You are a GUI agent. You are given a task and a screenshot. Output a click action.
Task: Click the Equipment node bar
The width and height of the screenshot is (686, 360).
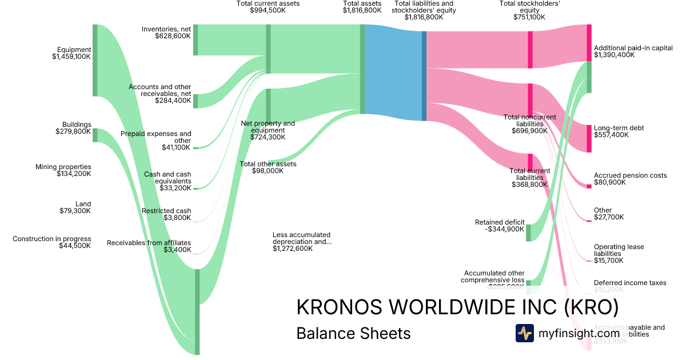point(95,60)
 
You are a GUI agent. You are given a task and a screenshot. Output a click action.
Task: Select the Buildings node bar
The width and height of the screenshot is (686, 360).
point(95,135)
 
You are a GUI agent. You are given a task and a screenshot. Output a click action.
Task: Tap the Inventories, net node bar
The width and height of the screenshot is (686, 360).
point(196,40)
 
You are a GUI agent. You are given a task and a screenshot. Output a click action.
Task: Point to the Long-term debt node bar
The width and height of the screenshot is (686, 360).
point(589,138)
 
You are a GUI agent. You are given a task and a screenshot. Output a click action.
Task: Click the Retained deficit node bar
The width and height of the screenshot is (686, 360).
point(528,233)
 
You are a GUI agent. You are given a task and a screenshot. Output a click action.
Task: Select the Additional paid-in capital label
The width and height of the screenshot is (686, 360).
point(633,48)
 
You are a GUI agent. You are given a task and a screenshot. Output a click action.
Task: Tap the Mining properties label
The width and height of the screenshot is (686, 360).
point(63,167)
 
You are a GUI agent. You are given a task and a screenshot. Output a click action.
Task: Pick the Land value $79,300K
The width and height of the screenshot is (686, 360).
point(75,211)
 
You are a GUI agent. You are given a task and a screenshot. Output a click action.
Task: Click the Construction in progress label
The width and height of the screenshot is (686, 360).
point(51,239)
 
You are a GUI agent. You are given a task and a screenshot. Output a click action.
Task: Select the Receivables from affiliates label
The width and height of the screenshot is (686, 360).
point(149,243)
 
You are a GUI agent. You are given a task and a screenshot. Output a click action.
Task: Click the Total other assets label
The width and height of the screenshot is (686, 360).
point(268,164)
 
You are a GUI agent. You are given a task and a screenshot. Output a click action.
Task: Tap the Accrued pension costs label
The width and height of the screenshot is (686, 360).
point(630,175)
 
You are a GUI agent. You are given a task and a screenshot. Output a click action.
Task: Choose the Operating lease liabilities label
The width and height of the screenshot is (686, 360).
point(619,250)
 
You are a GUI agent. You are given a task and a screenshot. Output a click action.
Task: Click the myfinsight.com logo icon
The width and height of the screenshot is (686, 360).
point(524,333)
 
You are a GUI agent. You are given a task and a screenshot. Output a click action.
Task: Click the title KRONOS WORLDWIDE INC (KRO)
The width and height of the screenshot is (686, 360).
point(457,307)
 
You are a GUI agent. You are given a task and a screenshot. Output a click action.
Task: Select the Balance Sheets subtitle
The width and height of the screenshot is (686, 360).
point(353,333)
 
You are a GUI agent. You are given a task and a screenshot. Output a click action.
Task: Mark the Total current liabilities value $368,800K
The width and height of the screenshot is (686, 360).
point(530,185)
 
